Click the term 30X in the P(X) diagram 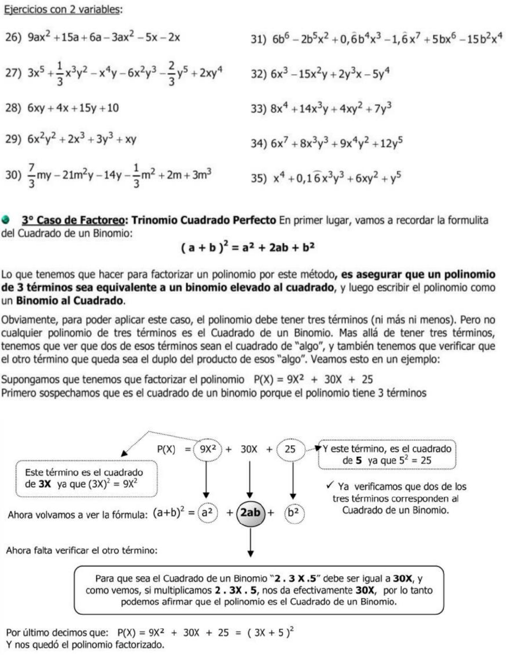(249, 450)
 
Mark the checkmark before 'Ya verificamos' (330, 486)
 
